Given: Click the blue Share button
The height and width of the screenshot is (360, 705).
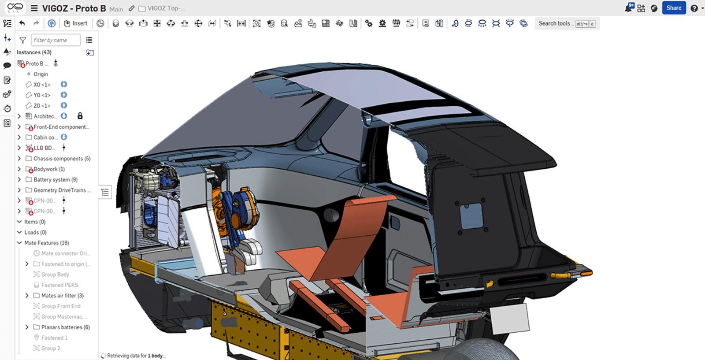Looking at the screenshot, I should point(673,8).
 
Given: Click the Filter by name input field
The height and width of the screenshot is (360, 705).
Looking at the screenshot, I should point(56,40).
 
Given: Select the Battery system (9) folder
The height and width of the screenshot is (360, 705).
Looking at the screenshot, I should point(55,180).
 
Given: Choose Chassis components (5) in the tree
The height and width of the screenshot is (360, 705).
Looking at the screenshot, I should point(62,159).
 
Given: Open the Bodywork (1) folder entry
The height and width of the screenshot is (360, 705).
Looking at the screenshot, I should point(49,169).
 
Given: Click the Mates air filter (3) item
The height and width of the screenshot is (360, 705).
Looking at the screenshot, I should point(62,296).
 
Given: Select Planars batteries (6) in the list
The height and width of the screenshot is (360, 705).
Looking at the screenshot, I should point(65,327).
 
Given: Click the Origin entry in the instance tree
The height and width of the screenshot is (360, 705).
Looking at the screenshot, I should point(41,74).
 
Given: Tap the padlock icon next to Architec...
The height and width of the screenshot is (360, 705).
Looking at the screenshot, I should point(80,116).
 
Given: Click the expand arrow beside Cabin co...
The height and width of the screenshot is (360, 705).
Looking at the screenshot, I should point(19,137).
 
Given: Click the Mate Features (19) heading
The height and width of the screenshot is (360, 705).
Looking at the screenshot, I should point(46,243).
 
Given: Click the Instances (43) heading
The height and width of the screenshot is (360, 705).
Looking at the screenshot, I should point(34,52).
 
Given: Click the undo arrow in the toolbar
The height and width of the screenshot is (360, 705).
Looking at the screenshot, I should point(22,23).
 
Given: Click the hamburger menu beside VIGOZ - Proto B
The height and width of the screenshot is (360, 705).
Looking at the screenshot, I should point(34,8).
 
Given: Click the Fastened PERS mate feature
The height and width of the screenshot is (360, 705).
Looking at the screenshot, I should point(59,285).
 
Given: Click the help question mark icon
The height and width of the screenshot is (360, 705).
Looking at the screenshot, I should point(694,8).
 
